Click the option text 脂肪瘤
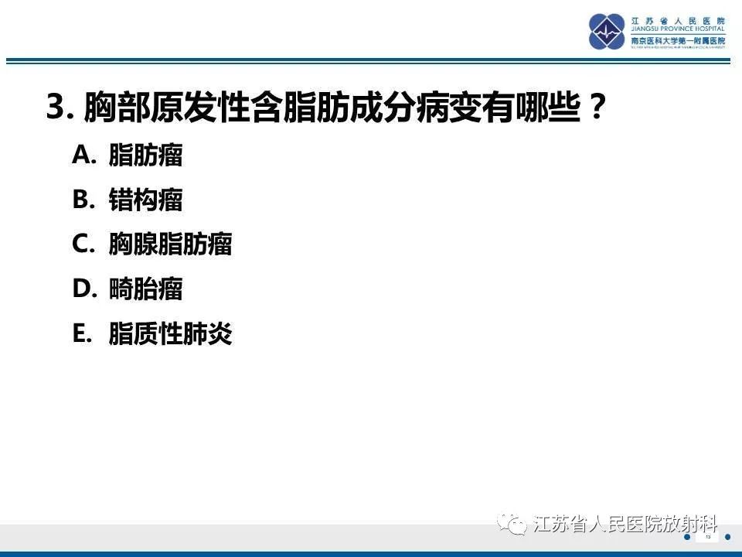(146, 155)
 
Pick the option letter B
(82, 200)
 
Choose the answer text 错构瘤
(146, 200)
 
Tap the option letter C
(83, 244)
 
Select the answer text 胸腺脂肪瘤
(171, 244)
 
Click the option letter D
(83, 289)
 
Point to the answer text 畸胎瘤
(146, 289)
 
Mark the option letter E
(82, 334)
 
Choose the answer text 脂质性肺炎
(171, 334)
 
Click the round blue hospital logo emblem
(608, 32)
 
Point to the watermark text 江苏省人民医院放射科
(626, 525)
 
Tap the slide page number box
(707, 536)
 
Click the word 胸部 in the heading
(108, 108)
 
